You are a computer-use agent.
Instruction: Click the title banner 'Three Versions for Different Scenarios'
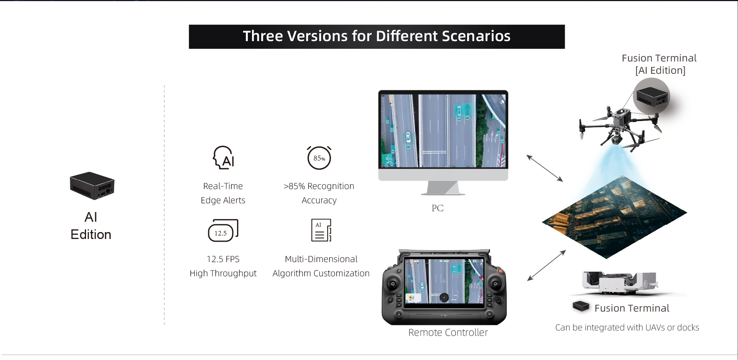pos(376,36)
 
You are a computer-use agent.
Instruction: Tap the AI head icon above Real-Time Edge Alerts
pos(224,158)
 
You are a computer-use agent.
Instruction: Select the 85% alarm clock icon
pos(319,158)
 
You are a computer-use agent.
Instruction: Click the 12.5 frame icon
pos(223,231)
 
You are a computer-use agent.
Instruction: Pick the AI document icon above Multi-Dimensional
pos(321,230)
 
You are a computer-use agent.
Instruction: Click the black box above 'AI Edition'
pos(92,186)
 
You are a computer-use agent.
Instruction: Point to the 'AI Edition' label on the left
pos(91,226)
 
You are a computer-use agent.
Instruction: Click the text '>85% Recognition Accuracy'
pos(319,193)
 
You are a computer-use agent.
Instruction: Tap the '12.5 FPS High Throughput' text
pos(223,266)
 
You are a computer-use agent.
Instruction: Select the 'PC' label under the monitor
pos(438,208)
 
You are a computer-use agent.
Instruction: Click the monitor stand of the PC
pos(443,188)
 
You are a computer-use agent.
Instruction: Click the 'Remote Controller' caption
pos(448,333)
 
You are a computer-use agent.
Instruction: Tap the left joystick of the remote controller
pos(393,284)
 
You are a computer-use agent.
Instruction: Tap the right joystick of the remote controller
pos(496,284)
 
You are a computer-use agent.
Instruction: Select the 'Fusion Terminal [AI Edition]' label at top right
pos(660,64)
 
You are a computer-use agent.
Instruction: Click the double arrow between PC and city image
pos(545,168)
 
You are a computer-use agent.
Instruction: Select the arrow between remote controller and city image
pos(547,265)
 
